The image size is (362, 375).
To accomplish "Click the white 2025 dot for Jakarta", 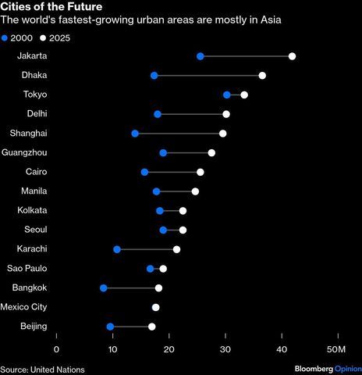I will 292,56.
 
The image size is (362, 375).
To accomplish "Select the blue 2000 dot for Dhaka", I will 154,76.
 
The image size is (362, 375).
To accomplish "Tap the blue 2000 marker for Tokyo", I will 227,95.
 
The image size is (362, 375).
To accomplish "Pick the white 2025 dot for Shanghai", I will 223,134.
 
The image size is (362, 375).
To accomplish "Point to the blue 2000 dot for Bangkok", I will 104,288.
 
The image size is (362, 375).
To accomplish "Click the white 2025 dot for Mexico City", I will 156,308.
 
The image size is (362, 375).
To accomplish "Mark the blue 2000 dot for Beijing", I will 110,327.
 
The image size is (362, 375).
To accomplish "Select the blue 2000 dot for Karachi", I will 117,249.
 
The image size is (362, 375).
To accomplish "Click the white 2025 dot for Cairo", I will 201,172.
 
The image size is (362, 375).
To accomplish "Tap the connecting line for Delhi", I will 191,114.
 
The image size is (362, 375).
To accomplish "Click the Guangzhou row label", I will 25,152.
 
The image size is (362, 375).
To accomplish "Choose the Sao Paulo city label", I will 27,269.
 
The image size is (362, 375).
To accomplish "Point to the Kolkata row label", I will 32,210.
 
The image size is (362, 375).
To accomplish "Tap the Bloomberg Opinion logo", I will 327,369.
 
